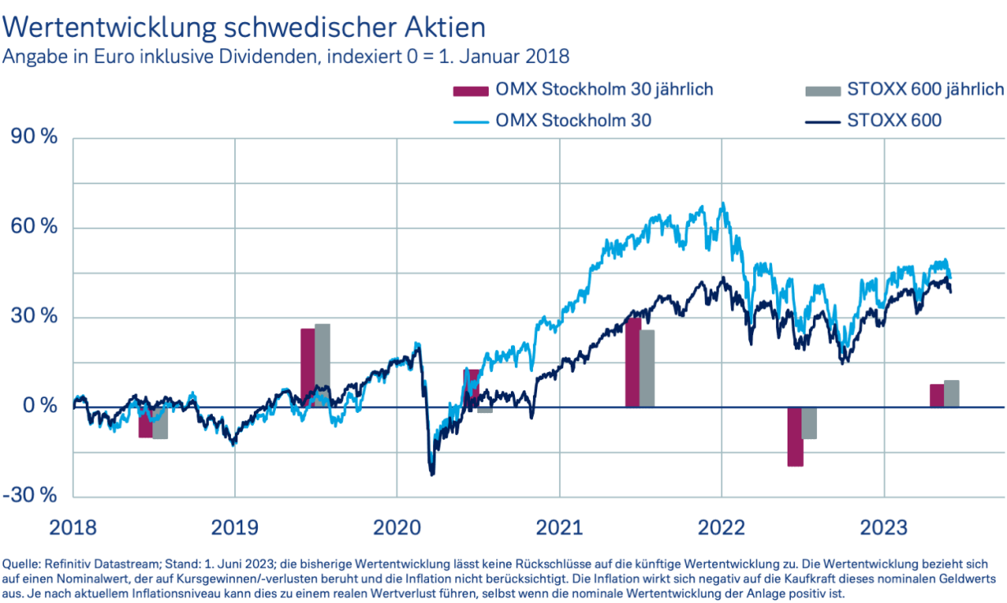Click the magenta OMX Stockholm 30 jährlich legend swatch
tap(471, 89)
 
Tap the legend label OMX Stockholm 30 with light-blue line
tap(574, 120)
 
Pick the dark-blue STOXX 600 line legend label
tap(896, 120)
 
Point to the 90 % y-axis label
tap(34, 138)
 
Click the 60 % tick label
tap(34, 227)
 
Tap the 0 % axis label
tap(38, 406)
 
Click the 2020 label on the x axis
tap(396, 527)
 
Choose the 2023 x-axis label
tap(884, 527)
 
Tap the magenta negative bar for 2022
tap(795, 437)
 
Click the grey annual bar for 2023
tap(951, 393)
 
